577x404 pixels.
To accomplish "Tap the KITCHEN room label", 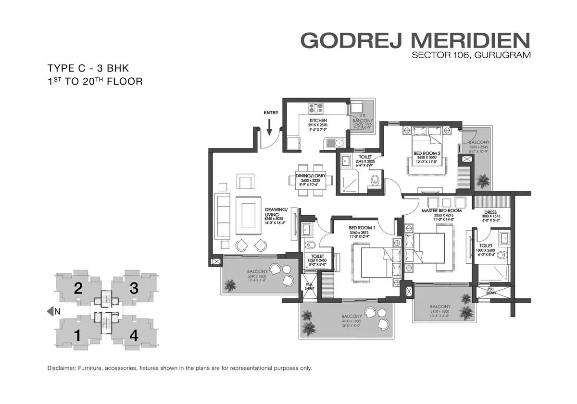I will point(318,120).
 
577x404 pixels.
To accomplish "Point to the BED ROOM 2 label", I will point(427,154).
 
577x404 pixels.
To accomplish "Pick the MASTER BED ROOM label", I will point(441,211).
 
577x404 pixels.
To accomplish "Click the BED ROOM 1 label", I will point(362,227).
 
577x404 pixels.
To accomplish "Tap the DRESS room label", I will point(490,212).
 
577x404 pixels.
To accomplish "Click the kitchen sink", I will point(339,142).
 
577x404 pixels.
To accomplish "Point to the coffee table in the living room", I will point(248,215).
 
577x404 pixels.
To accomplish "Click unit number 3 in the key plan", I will point(134,288).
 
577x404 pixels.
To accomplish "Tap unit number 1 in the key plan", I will point(77,335).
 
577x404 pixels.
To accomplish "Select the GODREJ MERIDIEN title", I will point(415,40).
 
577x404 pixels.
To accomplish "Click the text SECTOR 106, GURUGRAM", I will point(471,55).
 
